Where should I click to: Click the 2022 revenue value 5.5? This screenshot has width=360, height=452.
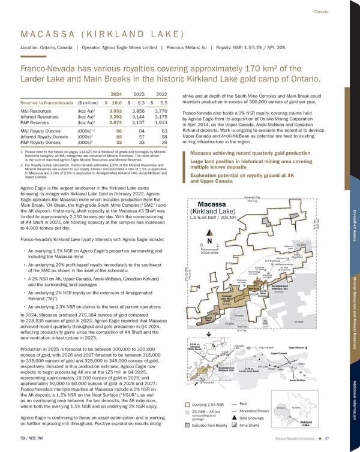(163, 103)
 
